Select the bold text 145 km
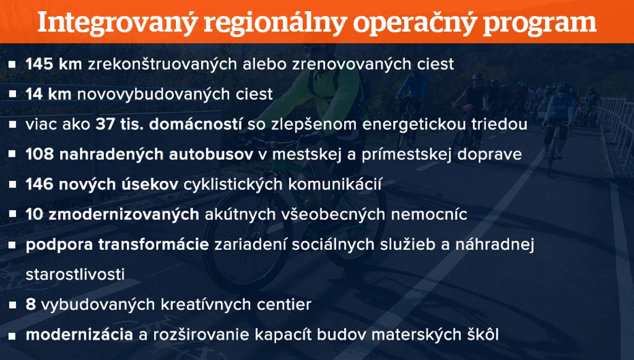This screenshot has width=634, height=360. coord(54,64)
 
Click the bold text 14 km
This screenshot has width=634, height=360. coord(48,94)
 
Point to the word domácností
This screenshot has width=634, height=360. coord(195,124)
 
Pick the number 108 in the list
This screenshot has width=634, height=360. coord(40,154)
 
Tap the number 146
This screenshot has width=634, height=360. coord(40,184)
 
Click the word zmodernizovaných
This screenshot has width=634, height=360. coord(124,214)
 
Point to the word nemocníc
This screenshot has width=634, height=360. coord(429,214)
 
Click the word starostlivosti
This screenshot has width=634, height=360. coord(75,274)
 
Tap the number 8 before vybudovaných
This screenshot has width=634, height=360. coord(31,304)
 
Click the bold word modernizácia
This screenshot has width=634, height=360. coord(79,335)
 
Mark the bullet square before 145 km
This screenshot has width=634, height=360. coord(12,64)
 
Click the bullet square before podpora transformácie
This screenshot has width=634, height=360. coord(12,245)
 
